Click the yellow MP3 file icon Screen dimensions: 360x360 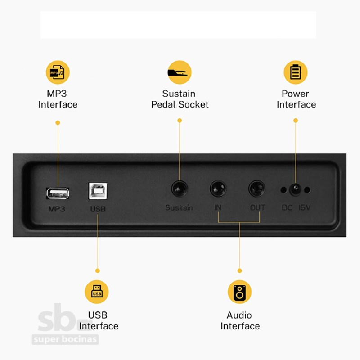pyautogui.click(x=58, y=72)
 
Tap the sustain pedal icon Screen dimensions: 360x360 pyautogui.click(x=180, y=72)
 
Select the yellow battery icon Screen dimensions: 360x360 pyautogui.click(x=296, y=72)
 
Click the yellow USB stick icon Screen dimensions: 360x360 pyautogui.click(x=97, y=292)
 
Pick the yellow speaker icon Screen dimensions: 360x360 pyautogui.click(x=239, y=292)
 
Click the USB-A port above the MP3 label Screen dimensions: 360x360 pyautogui.click(x=58, y=193)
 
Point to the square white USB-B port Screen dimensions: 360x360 pyautogui.click(x=98, y=191)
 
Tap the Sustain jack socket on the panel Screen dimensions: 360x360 pyautogui.click(x=180, y=189)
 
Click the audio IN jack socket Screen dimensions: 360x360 pyautogui.click(x=218, y=189)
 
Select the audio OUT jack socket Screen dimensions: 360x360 pyautogui.click(x=257, y=189)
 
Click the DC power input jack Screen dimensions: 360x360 pyautogui.click(x=296, y=190)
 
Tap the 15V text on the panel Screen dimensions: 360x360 pyautogui.click(x=305, y=208)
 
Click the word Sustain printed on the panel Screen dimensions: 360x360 pyautogui.click(x=179, y=207)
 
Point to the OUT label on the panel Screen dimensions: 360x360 pyautogui.click(x=257, y=207)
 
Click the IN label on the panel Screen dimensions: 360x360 pyautogui.click(x=218, y=207)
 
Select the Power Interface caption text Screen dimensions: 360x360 pyautogui.click(x=296, y=99)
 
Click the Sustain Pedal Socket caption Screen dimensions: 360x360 pyautogui.click(x=180, y=99)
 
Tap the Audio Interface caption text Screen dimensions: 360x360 pyautogui.click(x=240, y=320)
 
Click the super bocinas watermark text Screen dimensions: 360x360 pyautogui.click(x=65, y=339)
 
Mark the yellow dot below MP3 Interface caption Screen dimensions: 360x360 pyautogui.click(x=58, y=123)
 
